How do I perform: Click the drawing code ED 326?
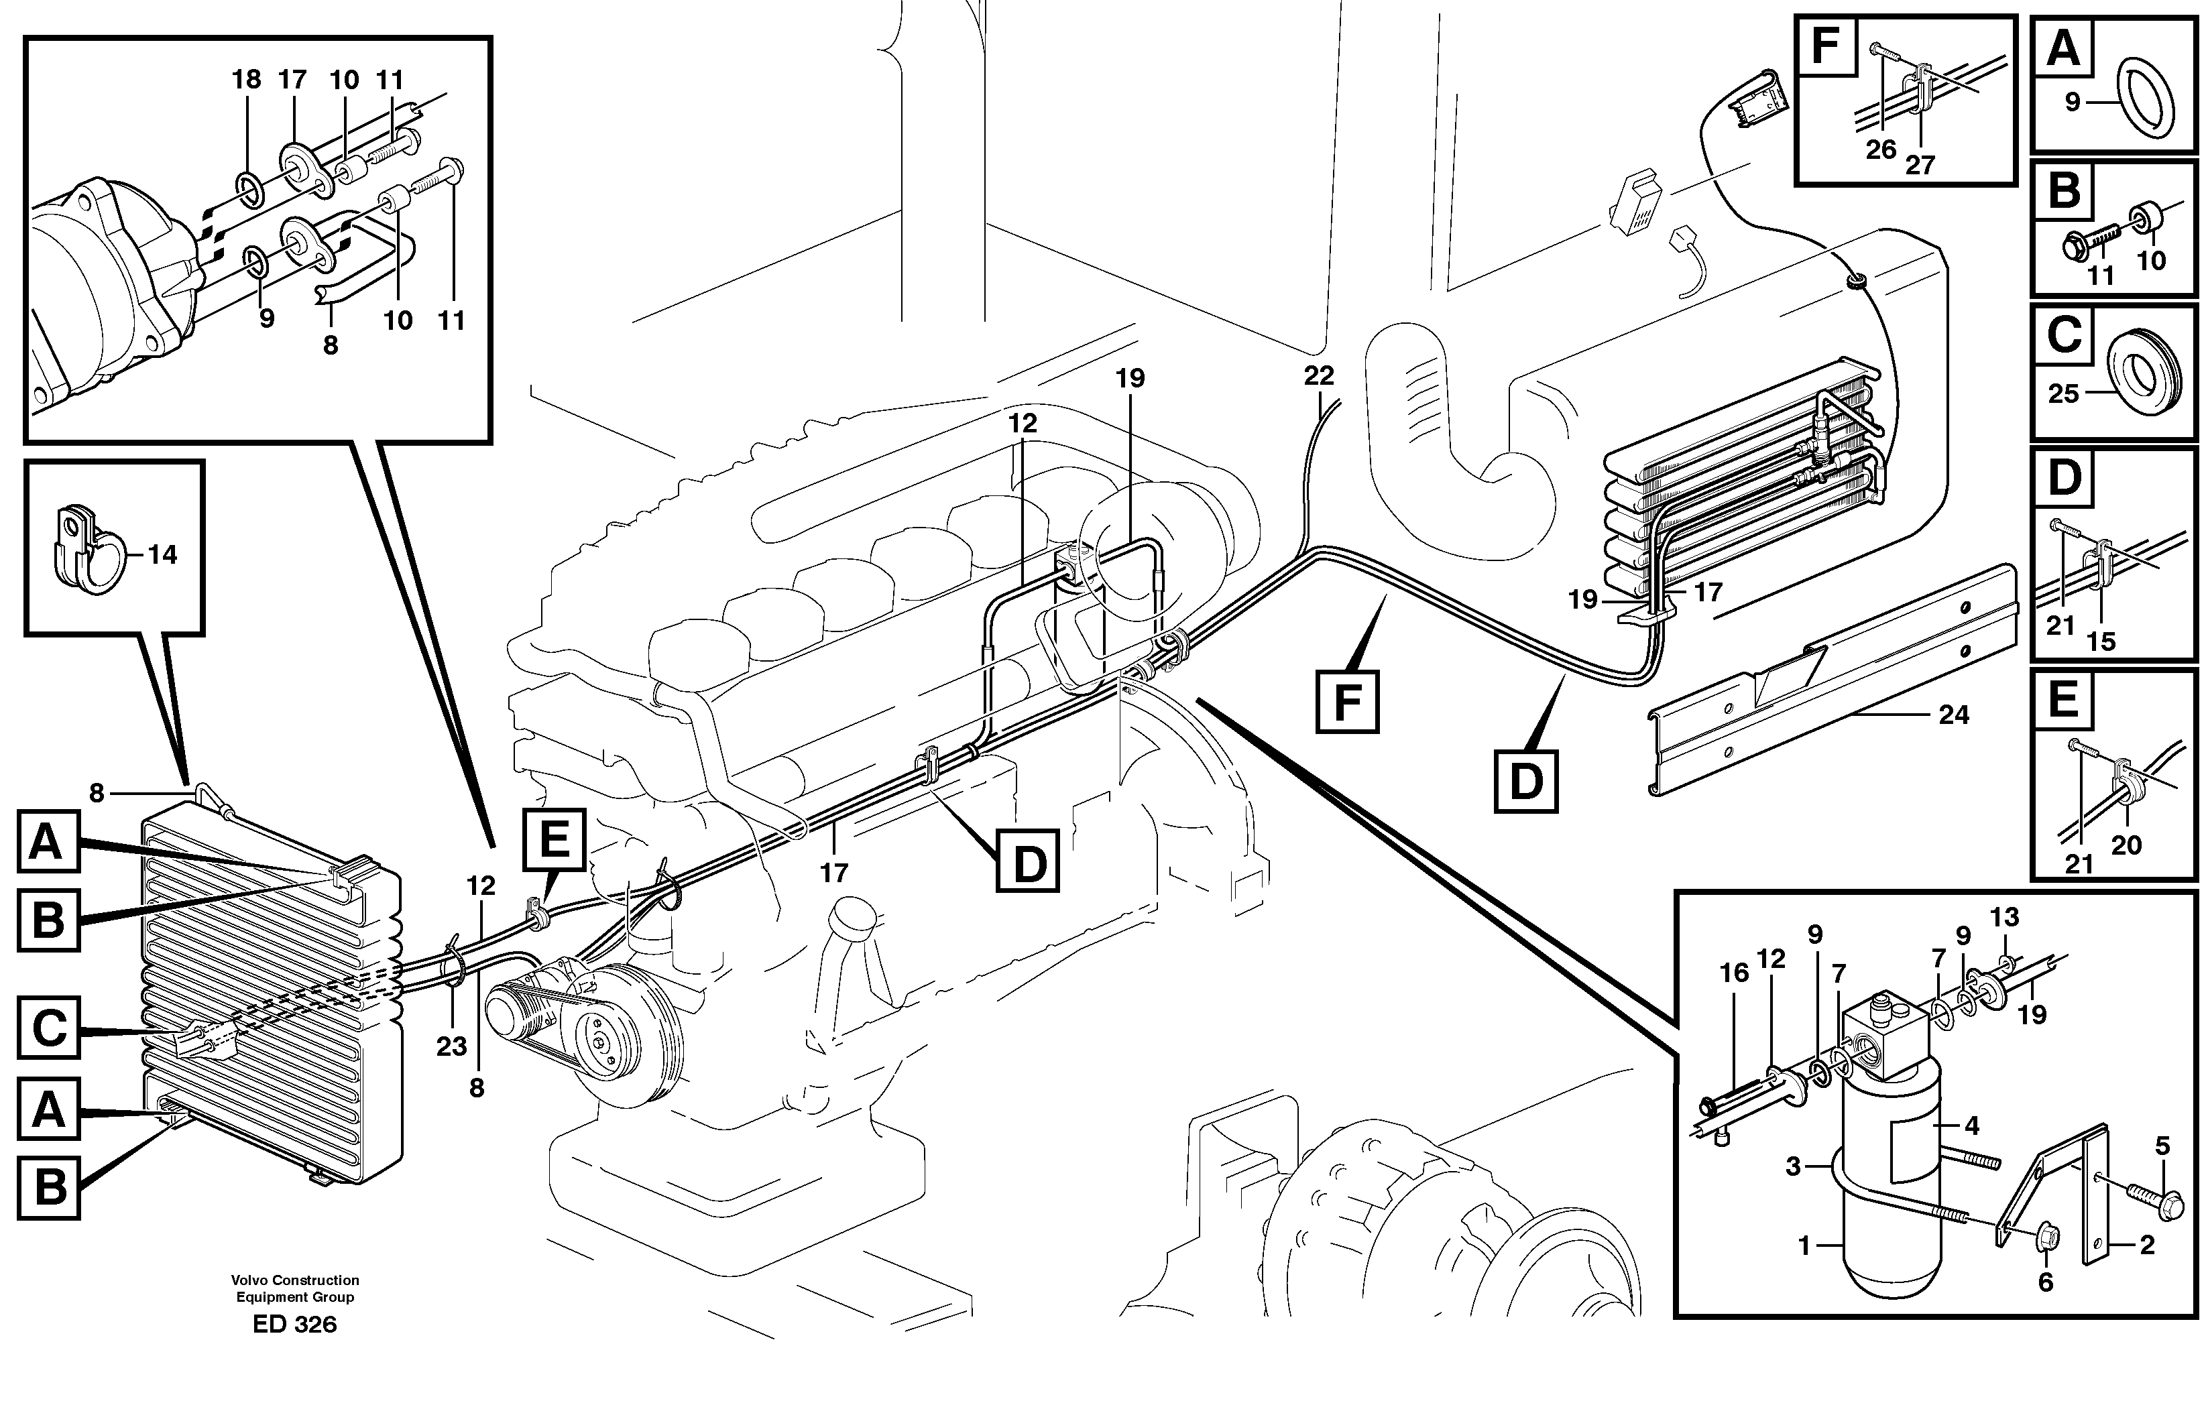click(294, 1324)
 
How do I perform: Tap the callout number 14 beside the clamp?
click(162, 555)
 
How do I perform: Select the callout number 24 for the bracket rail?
click(1953, 715)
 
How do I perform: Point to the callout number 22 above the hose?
click(1319, 376)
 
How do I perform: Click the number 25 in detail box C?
click(2063, 393)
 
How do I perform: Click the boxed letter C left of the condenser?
click(48, 1029)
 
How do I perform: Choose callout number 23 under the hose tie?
click(451, 1046)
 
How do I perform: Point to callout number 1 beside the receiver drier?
click(1804, 1247)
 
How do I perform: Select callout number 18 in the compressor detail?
click(245, 80)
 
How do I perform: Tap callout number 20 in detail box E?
click(2126, 845)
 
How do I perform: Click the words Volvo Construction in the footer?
click(294, 1280)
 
